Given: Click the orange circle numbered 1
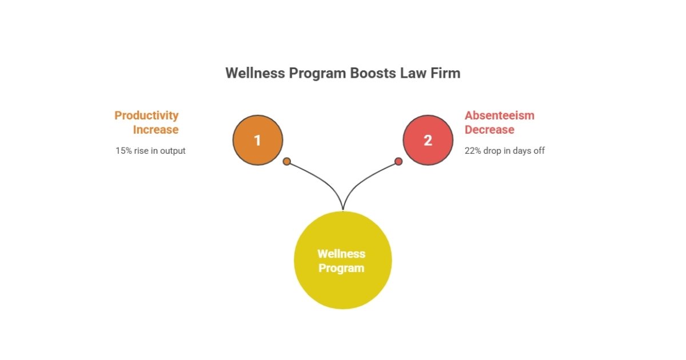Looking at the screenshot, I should (x=258, y=140).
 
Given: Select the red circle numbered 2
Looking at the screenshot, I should (x=428, y=140).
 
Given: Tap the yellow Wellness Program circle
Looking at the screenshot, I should (x=342, y=260).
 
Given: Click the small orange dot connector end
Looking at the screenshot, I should (x=287, y=161).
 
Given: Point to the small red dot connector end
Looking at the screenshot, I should (x=398, y=161).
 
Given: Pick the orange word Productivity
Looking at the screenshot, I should (x=146, y=115).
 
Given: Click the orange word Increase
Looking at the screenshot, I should (x=155, y=130).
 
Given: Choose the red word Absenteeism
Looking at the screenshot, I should (x=500, y=115).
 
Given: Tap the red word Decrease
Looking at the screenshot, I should (x=489, y=130).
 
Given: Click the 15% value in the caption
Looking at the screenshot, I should (x=124, y=151).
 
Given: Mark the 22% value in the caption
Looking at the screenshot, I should (x=474, y=151).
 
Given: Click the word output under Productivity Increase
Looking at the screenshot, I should (x=172, y=151).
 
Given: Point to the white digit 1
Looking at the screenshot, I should (x=258, y=141).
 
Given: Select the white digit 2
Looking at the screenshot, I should (x=428, y=141).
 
